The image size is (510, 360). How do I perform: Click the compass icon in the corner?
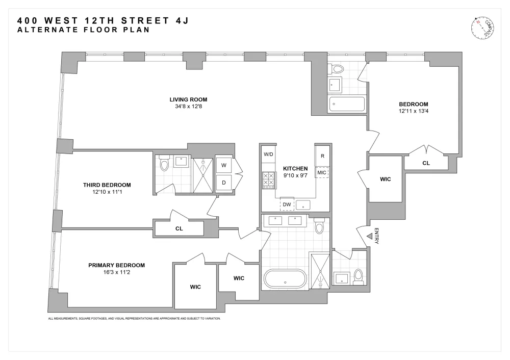(x=482, y=28)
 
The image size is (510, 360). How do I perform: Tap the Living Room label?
(x=188, y=99)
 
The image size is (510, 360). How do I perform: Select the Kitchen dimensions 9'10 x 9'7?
(x=295, y=175)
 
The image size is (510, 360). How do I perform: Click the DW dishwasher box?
(x=287, y=204)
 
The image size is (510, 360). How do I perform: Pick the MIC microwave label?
(x=322, y=173)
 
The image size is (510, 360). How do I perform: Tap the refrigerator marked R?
(x=322, y=156)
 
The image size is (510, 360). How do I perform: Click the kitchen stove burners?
(x=269, y=180)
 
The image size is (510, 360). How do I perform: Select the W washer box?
(x=224, y=165)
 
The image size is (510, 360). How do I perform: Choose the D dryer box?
(x=224, y=183)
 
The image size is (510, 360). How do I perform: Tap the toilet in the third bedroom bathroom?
(x=164, y=163)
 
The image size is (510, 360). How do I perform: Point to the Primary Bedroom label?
(x=116, y=265)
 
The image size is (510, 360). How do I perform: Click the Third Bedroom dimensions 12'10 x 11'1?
(x=107, y=192)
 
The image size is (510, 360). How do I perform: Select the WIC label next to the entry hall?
(x=386, y=179)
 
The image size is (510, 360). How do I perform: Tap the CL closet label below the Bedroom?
(x=426, y=163)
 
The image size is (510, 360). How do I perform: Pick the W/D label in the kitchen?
(x=268, y=154)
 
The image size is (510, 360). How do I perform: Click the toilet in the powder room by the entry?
(x=359, y=277)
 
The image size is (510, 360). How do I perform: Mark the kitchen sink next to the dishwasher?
(x=303, y=205)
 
